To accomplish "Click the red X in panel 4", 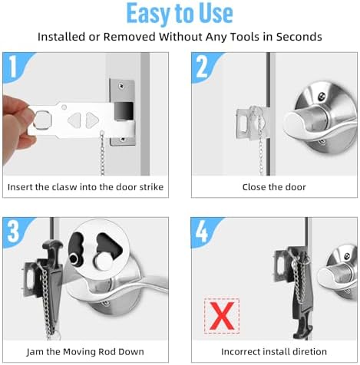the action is click(x=222, y=316).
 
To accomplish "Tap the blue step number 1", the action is click(x=13, y=67).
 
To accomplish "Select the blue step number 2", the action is click(x=202, y=67).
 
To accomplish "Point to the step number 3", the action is click(x=13, y=231).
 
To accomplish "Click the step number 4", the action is click(x=202, y=231).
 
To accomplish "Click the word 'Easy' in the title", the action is click(x=149, y=13).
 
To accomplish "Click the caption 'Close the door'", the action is click(x=274, y=187).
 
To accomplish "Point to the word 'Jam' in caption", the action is click(x=35, y=352).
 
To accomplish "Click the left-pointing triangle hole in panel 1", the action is click(x=74, y=120).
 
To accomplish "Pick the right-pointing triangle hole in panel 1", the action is click(x=92, y=120).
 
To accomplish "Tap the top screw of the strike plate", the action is click(x=121, y=84).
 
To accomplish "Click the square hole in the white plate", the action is click(x=43, y=120).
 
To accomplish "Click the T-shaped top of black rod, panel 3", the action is click(x=52, y=245).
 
